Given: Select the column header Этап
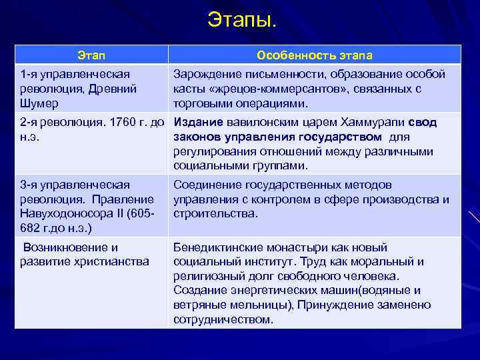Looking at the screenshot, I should pyautogui.click(x=91, y=55).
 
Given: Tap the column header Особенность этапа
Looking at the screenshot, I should pyautogui.click(x=315, y=55).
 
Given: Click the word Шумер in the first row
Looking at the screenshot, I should pyautogui.click(x=39, y=103).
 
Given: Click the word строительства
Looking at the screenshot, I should pyautogui.click(x=215, y=214).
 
